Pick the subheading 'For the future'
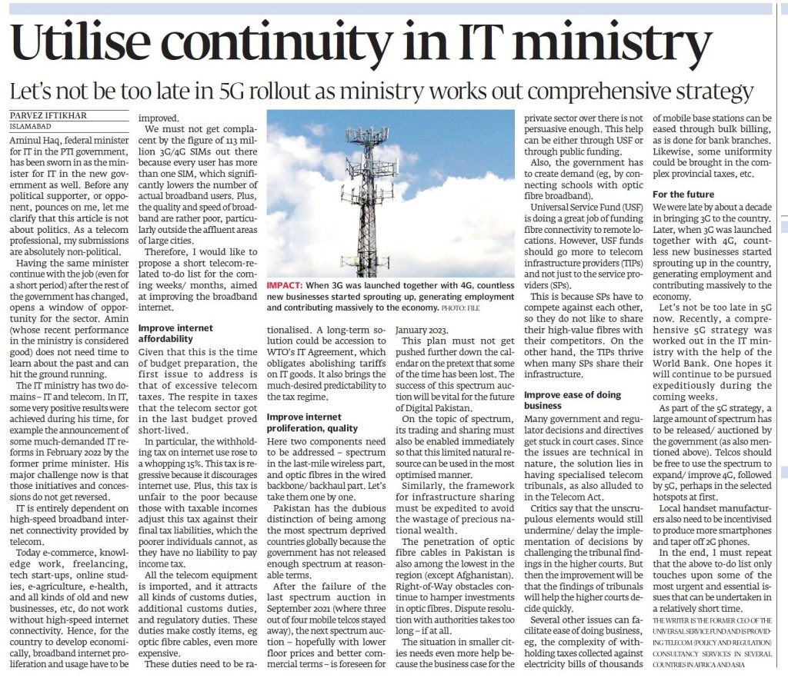[683, 195]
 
